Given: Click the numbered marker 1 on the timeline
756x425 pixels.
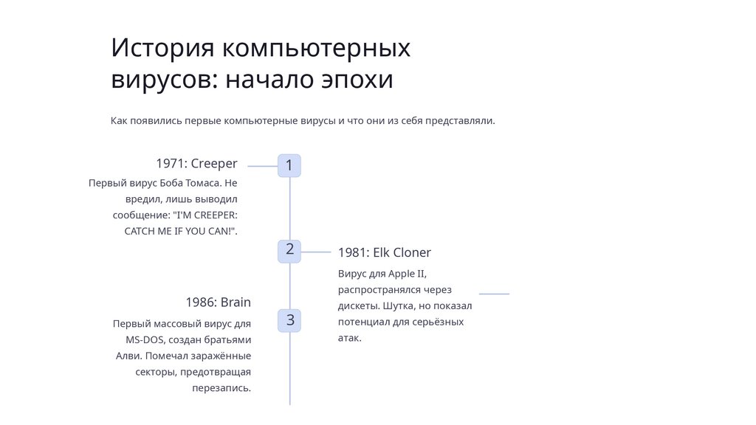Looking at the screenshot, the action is [x=289, y=166].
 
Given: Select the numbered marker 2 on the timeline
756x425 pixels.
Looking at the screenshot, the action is [x=289, y=250].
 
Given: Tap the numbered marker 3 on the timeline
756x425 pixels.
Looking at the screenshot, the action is [x=290, y=320].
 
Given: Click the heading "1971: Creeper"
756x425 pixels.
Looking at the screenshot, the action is [x=196, y=163].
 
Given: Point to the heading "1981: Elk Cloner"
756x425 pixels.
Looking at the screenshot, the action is [x=384, y=252].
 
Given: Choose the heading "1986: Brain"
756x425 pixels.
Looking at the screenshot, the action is [x=218, y=302].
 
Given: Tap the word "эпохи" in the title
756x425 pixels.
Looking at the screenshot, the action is [x=357, y=80].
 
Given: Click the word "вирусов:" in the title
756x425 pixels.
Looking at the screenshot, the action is [x=164, y=80].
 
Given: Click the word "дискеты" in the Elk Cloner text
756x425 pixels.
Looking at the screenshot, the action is [x=357, y=306].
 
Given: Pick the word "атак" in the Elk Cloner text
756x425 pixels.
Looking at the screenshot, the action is [x=349, y=339].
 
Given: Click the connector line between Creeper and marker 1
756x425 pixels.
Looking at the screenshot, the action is [x=262, y=167].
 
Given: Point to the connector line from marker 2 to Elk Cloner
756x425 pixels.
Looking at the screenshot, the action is [x=316, y=252].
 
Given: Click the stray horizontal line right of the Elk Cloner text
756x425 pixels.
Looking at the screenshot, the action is [x=494, y=294].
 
